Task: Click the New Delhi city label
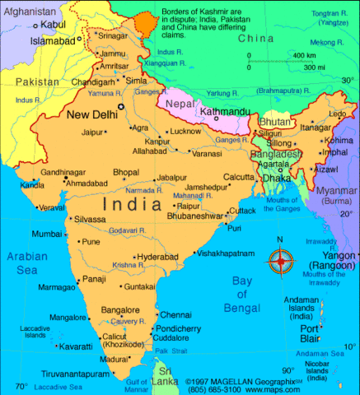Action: point(91,114)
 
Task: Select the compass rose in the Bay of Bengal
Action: point(281,262)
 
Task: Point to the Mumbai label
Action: point(46,235)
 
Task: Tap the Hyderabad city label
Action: point(157,257)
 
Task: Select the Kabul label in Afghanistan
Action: point(53,25)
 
